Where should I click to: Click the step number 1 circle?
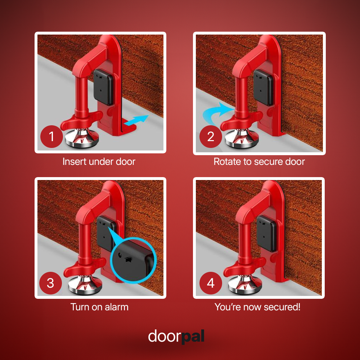[x=51, y=137]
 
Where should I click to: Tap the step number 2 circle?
[x=211, y=137]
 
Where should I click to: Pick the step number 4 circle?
[x=211, y=283]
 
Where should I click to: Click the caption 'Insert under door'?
[x=99, y=162]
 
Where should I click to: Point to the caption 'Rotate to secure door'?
[x=259, y=162]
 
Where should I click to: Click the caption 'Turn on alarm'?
[x=99, y=307]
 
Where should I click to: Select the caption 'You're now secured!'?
[x=257, y=307]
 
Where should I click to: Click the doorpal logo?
[x=176, y=336]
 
